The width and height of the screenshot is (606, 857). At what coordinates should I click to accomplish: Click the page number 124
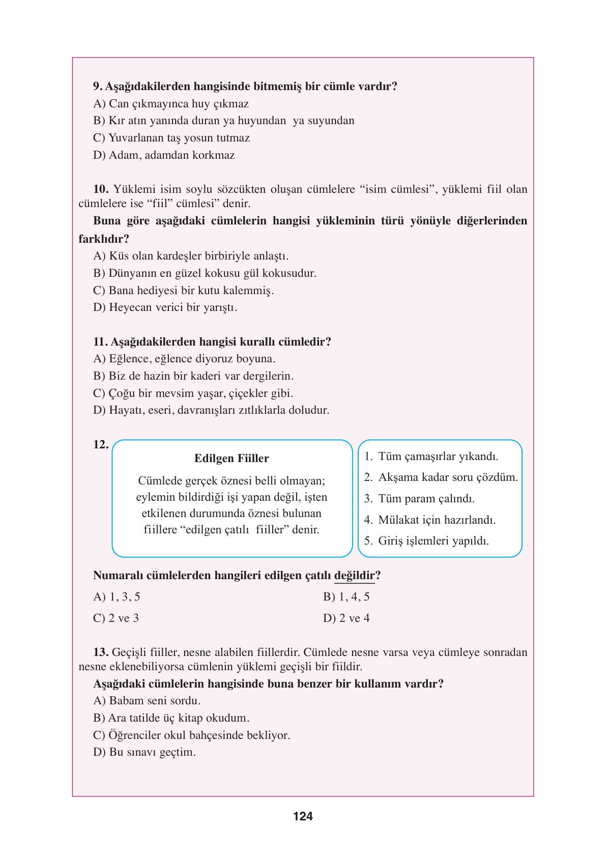coord(303,816)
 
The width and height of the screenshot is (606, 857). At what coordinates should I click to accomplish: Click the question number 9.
coord(98,87)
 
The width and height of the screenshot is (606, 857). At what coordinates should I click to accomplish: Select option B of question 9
coord(223,121)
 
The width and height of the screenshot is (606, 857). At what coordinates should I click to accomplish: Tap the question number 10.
coord(100,189)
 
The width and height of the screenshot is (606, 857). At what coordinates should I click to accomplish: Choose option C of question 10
coord(183,291)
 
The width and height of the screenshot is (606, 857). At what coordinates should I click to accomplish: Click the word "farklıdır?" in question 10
coord(104,239)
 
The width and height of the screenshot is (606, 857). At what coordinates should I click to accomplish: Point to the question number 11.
coord(100,342)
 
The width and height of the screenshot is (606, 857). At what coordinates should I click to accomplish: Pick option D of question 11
coord(211,410)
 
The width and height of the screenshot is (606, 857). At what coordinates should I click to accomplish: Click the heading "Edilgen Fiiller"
coord(232,459)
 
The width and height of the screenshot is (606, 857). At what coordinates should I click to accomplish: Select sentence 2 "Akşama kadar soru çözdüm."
coord(441,477)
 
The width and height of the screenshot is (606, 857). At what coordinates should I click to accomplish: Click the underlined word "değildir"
coord(354,576)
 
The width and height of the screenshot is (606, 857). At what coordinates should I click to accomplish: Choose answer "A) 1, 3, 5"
coord(117,597)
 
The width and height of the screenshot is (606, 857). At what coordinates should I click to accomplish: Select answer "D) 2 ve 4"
coord(346,618)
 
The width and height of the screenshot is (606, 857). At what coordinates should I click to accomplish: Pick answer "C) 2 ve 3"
coord(116,618)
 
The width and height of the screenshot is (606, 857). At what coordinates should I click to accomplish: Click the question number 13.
coord(100,652)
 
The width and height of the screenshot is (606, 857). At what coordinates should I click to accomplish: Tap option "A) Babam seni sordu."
coord(147,701)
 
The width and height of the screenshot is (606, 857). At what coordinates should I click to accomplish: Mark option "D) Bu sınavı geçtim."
coord(144,752)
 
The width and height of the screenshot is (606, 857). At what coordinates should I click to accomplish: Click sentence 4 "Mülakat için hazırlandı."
coord(429,520)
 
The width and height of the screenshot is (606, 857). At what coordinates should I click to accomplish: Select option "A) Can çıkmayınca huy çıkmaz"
coord(171,104)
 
